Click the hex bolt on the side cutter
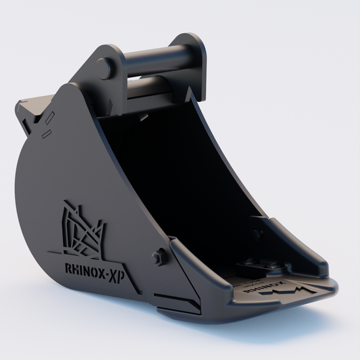coord(159,256)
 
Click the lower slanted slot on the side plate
coord(46,134)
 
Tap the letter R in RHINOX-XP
coord(68,267)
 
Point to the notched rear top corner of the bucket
coord(27,107)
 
